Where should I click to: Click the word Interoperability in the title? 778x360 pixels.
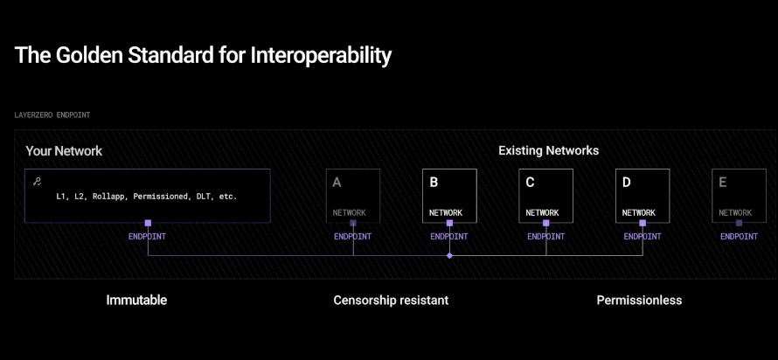pyautogui.click(x=321, y=56)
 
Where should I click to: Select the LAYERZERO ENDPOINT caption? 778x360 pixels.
pyautogui.click(x=52, y=115)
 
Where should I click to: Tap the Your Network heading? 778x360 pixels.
pyautogui.click(x=64, y=151)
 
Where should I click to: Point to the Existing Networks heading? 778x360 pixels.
pyautogui.click(x=549, y=150)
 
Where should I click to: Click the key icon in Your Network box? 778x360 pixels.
pyautogui.click(x=36, y=182)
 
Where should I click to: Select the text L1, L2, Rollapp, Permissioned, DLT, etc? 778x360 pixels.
pyautogui.click(x=147, y=197)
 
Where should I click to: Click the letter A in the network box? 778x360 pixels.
pyautogui.click(x=337, y=183)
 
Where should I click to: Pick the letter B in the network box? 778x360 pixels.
pyautogui.click(x=434, y=183)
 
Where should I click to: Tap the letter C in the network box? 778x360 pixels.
pyautogui.click(x=530, y=183)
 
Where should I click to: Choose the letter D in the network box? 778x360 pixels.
pyautogui.click(x=627, y=183)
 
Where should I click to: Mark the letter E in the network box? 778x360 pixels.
pyautogui.click(x=723, y=183)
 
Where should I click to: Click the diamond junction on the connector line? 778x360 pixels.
pyautogui.click(x=449, y=256)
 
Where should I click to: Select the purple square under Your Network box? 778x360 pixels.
pyautogui.click(x=148, y=223)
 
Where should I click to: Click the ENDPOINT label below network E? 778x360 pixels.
pyautogui.click(x=739, y=237)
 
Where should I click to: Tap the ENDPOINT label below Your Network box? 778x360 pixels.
pyautogui.click(x=148, y=237)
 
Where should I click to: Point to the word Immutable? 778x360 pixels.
pyautogui.click(x=136, y=300)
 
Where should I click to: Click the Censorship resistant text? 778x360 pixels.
pyautogui.click(x=391, y=300)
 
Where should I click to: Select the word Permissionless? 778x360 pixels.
pyautogui.click(x=639, y=300)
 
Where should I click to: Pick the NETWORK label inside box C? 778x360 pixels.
pyautogui.click(x=542, y=212)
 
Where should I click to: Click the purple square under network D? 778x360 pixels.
pyautogui.click(x=643, y=223)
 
